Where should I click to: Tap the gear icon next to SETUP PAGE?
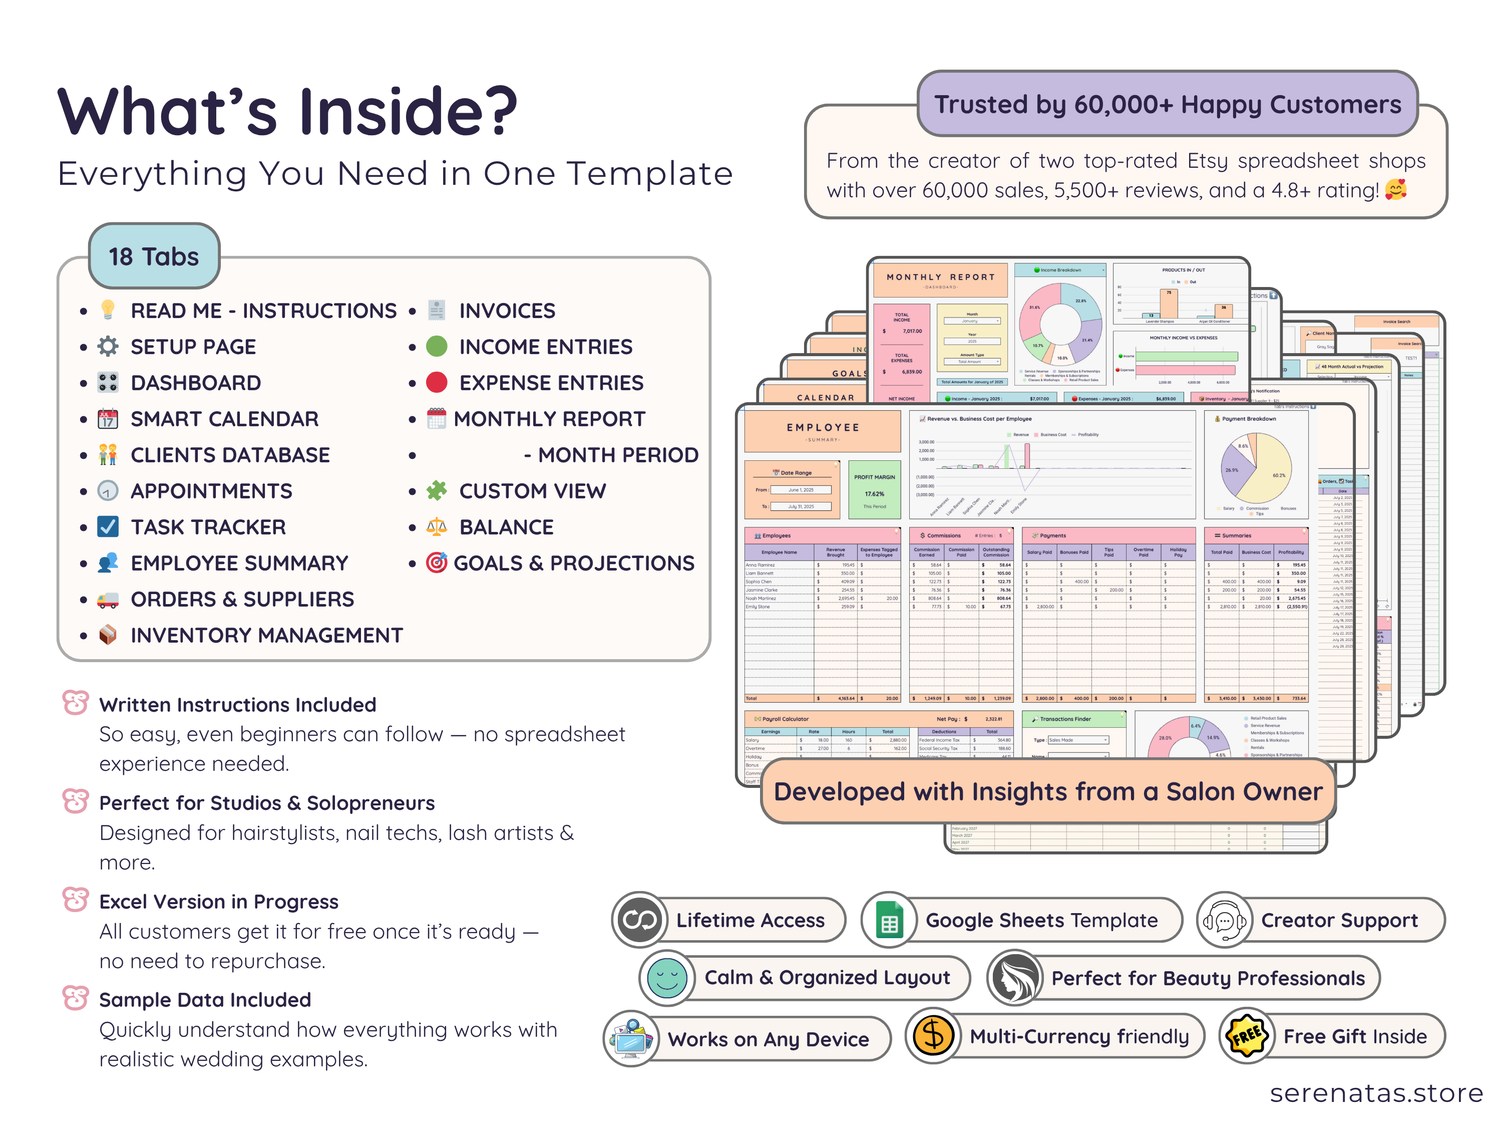click(x=107, y=347)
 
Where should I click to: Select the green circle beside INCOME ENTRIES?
click(x=437, y=347)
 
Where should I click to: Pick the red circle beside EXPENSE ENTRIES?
click(x=437, y=383)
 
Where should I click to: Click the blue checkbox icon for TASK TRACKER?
click(x=107, y=527)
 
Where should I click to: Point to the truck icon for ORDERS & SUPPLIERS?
click(x=107, y=599)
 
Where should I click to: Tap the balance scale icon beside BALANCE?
click(x=437, y=527)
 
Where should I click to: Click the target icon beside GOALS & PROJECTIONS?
click(x=437, y=563)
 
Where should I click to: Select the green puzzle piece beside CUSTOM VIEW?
click(x=437, y=490)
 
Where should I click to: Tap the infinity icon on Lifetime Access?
click(x=639, y=920)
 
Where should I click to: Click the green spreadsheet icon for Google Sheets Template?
click(x=889, y=920)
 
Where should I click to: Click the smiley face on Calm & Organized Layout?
click(x=667, y=978)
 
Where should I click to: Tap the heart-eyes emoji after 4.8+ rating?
click(x=1395, y=189)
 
